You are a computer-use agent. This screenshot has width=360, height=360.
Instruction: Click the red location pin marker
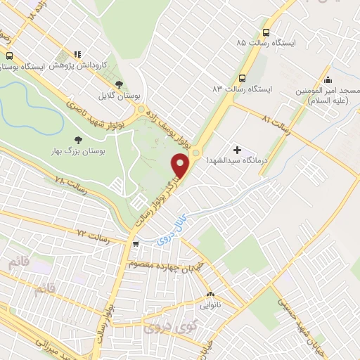tap(181, 166)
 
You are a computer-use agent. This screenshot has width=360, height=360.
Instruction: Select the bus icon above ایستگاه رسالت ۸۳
tap(243, 79)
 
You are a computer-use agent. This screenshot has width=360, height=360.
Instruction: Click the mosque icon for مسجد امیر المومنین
tap(327, 79)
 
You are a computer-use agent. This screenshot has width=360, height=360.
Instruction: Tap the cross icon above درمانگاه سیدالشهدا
tap(237, 150)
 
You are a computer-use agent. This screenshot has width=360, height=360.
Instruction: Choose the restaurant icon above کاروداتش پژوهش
tap(77, 54)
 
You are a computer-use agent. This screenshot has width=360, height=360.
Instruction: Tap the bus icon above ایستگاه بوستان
tap(10, 56)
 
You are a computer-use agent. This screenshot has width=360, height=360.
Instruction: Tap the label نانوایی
tap(210, 304)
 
